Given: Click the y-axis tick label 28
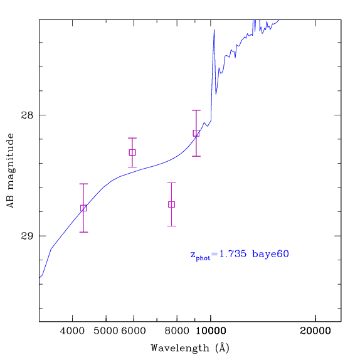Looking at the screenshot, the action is (27, 115).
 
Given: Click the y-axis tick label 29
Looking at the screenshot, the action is (27, 236).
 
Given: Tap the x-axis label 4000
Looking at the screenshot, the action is (72, 331).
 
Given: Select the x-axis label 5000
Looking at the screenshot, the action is (105, 331).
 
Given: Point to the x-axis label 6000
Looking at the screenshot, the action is (134, 331).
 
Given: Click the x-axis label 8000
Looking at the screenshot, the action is (177, 331).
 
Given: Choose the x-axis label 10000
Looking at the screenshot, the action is (211, 331).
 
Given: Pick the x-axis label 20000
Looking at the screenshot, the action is (315, 331).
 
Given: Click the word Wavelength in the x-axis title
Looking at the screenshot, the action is (180, 348).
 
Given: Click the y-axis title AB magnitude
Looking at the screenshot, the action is (10, 171).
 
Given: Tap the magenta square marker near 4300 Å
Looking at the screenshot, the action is (83, 208).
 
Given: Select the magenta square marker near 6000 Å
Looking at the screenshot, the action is (132, 152).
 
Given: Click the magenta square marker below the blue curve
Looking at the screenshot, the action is (171, 204).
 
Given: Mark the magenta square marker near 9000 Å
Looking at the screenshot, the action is (196, 133).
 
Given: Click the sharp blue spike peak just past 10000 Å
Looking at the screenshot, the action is (214, 29).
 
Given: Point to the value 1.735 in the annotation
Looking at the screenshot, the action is (233, 254).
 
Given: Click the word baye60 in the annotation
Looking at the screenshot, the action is (270, 255).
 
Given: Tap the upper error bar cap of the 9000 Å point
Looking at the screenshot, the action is (196, 110).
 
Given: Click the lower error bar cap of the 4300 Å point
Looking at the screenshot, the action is (83, 232).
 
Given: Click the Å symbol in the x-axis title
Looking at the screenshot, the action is (223, 347).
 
